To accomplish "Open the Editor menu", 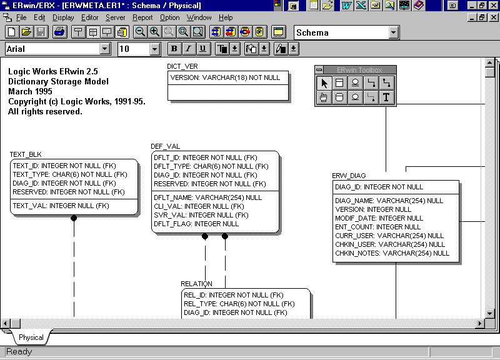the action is coord(89,17).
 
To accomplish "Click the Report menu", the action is coord(142,17).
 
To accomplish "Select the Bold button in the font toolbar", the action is coord(174,49).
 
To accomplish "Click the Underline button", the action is coord(202,49).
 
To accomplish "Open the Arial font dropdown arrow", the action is coord(104,49).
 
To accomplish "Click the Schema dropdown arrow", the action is coord(394,32).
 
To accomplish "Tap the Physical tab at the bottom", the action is coord(31,337).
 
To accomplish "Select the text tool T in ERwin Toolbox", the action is coord(386,97).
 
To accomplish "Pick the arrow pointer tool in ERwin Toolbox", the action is coord(324,83).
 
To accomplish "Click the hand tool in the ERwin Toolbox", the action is coord(324,97).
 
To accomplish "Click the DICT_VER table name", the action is coord(182,66).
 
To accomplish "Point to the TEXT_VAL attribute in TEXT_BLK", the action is coord(61,206).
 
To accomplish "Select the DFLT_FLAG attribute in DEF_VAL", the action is coord(196,224).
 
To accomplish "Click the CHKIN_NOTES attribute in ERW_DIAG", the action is coord(392,253).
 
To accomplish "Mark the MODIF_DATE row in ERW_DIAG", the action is coord(379,218).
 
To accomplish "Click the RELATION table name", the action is coord(196,284).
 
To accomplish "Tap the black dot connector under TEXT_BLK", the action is coord(74,218).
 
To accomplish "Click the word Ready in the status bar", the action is coord(19,352).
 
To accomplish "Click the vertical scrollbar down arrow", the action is coord(490,314).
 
